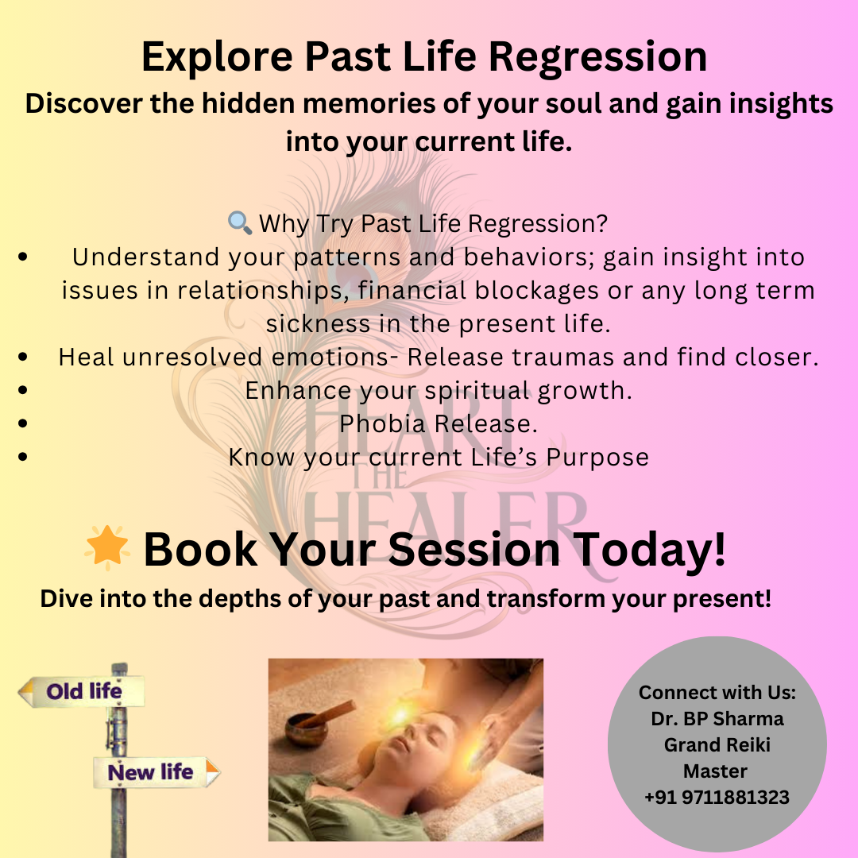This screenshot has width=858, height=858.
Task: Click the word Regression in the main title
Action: [x=597, y=58]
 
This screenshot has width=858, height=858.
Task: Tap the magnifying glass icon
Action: [x=240, y=222]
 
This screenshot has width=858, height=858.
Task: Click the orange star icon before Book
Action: [x=107, y=547]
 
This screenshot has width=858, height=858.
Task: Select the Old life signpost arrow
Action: [x=81, y=692]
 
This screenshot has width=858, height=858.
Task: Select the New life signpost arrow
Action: [x=157, y=773]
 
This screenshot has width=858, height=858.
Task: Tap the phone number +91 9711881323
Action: [x=717, y=798]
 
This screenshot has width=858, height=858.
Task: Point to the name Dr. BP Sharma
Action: [x=717, y=718]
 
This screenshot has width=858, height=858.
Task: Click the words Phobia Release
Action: [x=439, y=424]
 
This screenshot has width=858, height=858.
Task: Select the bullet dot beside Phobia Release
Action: [x=22, y=423]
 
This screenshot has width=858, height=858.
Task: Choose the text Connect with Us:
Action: [x=717, y=692]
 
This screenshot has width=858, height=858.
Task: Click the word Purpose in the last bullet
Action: [x=597, y=458]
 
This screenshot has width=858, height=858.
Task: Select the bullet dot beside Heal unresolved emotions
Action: [x=22, y=357]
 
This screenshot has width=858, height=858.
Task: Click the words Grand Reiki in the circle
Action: [x=717, y=744]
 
